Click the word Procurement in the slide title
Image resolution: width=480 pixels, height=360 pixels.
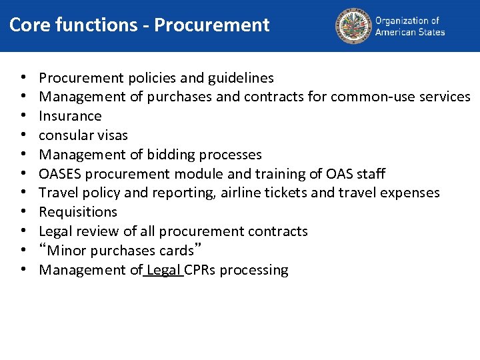click(211, 25)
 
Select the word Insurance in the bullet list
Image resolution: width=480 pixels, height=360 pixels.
click(70, 116)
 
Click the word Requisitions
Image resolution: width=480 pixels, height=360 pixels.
click(78, 213)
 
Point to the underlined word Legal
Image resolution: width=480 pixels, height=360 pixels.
click(163, 270)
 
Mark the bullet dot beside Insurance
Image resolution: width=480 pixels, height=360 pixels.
click(23, 116)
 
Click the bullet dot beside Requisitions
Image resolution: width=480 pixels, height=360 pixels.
click(23, 213)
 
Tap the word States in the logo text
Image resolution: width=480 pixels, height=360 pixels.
click(431, 32)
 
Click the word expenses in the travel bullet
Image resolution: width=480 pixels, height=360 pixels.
click(411, 193)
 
